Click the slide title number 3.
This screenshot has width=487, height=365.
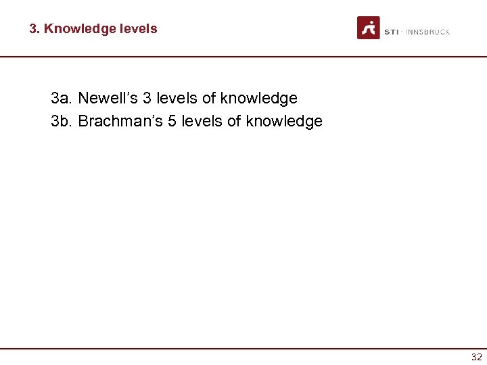pos(34,29)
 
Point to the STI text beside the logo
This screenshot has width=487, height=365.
pos(391,32)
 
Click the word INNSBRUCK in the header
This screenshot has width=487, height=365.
pos(428,32)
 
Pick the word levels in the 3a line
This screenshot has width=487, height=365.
pos(177,99)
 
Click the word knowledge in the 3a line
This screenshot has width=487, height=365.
pos(259,99)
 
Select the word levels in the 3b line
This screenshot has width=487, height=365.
pos(202,122)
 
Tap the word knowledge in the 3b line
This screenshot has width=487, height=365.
pos(284,122)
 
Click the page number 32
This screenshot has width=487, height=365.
pos(476,358)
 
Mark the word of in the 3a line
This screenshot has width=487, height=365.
pos(209,99)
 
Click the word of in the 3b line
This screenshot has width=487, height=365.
pos(234,122)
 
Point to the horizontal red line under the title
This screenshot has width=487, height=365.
pos(243,57)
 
